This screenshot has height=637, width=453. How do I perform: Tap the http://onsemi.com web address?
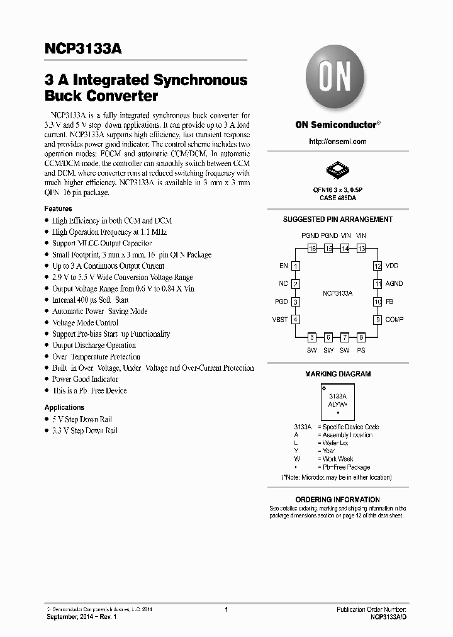(x=337, y=142)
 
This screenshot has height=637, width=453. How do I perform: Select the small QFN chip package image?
(x=337, y=169)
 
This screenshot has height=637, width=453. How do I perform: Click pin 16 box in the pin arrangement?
(x=312, y=249)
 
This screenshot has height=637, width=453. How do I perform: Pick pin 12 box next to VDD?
(x=377, y=266)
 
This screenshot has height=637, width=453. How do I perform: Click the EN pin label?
(x=284, y=266)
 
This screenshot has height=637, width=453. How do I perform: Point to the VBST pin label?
(x=280, y=320)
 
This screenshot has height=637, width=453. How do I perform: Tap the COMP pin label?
(x=394, y=320)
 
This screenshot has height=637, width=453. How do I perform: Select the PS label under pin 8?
(x=361, y=350)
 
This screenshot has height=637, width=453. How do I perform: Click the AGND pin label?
(x=394, y=284)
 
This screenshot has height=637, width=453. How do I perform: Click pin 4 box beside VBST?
(x=296, y=320)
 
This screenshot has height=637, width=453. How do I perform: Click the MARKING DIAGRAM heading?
(x=338, y=374)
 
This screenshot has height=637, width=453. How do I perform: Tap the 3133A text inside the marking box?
(x=338, y=397)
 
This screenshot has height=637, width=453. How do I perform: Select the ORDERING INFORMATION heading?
(x=338, y=500)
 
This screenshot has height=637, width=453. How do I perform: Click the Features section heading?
(x=58, y=208)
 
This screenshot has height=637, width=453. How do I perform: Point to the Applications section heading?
(x=64, y=407)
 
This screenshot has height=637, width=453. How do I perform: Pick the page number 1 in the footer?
(x=226, y=609)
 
